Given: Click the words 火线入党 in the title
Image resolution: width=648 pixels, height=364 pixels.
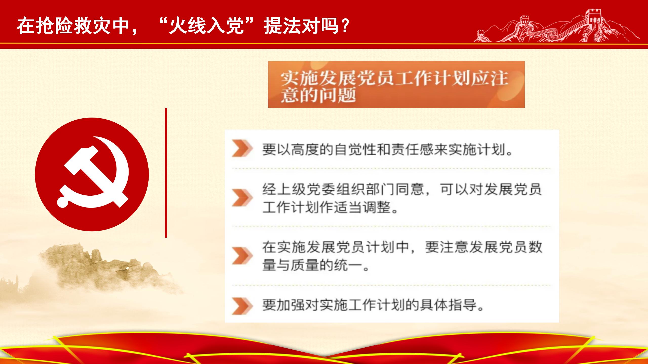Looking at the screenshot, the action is pos(207,26).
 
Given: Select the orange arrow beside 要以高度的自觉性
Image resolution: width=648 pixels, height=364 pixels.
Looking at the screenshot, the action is pos(242,149).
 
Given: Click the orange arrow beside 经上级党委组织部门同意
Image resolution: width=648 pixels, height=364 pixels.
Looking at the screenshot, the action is pos(242,197).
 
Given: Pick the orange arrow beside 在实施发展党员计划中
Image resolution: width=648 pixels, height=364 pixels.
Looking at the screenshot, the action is pos(242,256).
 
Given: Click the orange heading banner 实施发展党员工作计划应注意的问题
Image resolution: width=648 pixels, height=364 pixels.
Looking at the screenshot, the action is pos(396,84).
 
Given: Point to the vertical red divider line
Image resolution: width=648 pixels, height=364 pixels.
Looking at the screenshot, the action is pos(166,173).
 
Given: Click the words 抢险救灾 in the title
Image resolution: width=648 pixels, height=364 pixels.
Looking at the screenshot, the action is pos(73,26).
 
